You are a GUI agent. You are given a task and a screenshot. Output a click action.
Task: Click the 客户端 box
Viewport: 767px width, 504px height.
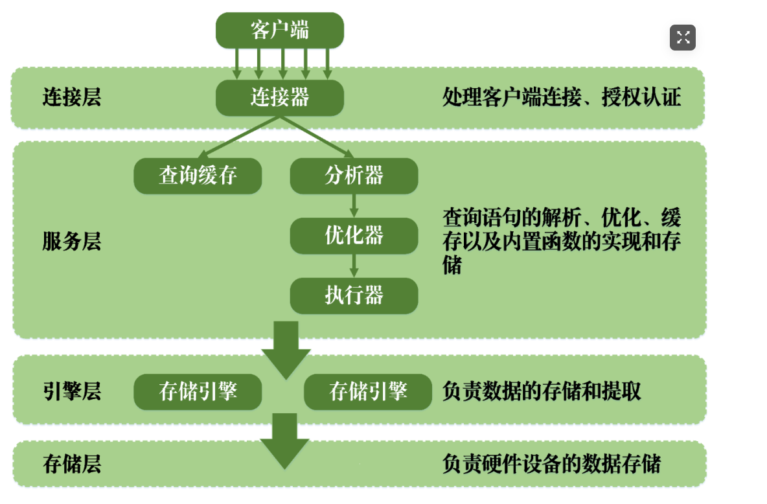[x=279, y=30]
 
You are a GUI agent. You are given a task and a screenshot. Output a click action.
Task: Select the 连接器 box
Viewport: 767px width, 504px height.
[x=279, y=98]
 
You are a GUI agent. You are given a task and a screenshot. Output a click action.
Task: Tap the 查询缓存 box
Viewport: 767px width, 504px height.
[x=198, y=176]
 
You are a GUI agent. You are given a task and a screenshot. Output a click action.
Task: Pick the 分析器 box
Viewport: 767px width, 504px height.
[x=354, y=176]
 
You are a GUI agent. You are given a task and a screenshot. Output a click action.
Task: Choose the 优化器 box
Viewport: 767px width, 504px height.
[x=354, y=236]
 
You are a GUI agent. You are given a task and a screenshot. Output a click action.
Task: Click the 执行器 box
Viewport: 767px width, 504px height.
[x=354, y=296]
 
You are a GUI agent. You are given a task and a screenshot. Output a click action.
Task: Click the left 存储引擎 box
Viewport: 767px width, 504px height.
[x=198, y=392]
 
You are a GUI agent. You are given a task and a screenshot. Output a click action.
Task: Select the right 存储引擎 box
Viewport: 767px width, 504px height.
[x=368, y=392]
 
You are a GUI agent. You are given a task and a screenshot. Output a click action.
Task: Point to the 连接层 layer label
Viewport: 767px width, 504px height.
[x=72, y=98]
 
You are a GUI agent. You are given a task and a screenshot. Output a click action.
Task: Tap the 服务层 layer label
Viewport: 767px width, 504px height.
[x=72, y=242]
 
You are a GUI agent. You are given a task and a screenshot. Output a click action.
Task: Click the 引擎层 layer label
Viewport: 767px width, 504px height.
[x=72, y=392]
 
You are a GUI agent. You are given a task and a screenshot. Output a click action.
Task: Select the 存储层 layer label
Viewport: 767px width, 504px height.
[x=72, y=464]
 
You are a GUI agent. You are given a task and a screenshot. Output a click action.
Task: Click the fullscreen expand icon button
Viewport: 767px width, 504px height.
[x=682, y=38]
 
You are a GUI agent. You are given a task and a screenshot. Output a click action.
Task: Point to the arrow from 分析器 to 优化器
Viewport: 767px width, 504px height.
[x=354, y=205]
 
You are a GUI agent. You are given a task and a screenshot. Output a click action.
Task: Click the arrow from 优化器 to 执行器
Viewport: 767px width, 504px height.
[x=354, y=266]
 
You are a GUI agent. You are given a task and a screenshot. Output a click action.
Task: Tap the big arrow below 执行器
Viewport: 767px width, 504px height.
[x=286, y=350]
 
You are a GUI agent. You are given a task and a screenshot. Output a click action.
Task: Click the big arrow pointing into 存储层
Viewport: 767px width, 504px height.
[x=284, y=441]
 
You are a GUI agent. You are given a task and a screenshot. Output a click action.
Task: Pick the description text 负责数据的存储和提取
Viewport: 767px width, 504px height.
[x=542, y=392]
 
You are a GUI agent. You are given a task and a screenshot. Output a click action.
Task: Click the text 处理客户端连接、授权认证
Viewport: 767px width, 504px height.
[x=561, y=98]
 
